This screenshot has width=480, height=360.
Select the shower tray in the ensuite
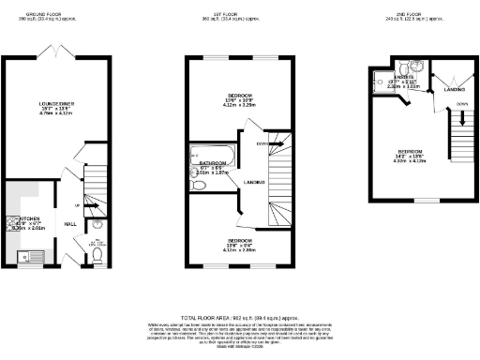(x=382, y=82)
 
